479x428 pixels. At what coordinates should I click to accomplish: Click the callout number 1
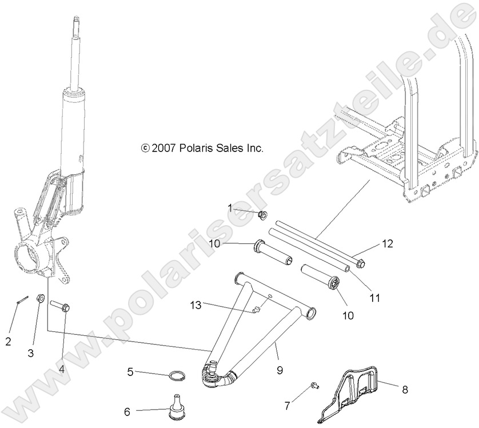click(x=230, y=208)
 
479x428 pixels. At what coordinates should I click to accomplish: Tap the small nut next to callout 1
click(x=264, y=215)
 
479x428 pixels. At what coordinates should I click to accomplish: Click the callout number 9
click(x=280, y=370)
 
